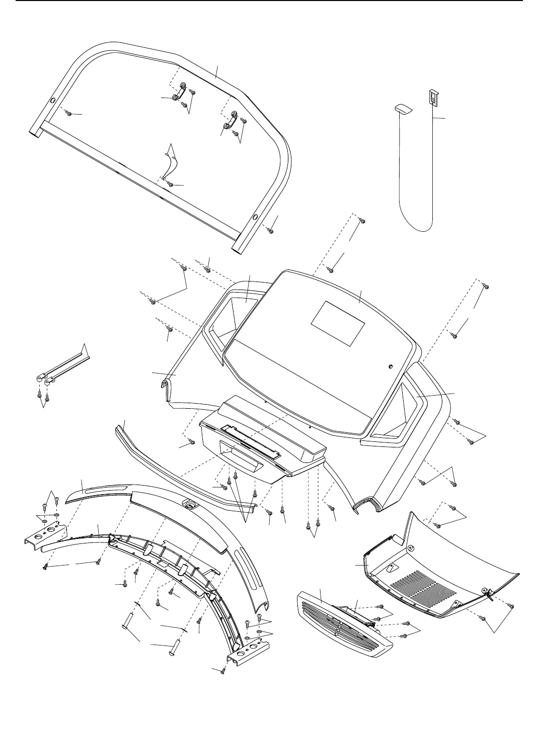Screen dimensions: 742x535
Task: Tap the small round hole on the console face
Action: click(x=390, y=366)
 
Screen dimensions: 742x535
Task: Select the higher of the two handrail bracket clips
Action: click(x=180, y=92)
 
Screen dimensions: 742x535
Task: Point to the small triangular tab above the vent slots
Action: click(x=393, y=566)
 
